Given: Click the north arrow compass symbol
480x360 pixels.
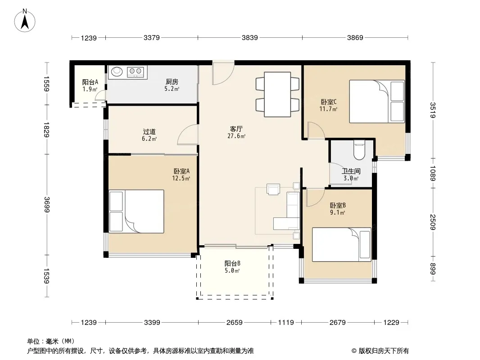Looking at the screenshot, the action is click(x=25, y=21).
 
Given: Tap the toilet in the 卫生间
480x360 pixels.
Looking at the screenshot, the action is click(x=359, y=150).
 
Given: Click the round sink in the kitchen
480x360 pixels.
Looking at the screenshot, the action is click(x=117, y=72).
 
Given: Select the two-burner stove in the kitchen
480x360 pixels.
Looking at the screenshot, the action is click(x=135, y=72).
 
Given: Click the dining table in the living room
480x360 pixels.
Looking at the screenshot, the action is click(x=277, y=94).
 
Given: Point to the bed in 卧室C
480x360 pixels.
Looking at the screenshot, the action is click(x=377, y=102).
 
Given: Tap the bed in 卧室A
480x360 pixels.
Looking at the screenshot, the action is click(x=136, y=211).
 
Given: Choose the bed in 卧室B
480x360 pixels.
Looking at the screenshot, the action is click(x=342, y=244).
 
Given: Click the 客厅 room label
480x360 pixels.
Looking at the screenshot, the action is click(x=236, y=129).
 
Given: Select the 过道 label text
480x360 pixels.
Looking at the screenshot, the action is click(x=149, y=131).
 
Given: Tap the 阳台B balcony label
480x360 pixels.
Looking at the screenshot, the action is click(x=232, y=263).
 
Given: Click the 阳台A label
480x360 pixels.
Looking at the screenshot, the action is click(x=90, y=82).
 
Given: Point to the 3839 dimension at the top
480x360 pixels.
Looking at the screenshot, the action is click(x=250, y=38).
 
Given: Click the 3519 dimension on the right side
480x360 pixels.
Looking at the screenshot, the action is click(x=433, y=110).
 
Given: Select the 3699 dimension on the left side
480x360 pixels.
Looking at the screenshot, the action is click(x=46, y=204).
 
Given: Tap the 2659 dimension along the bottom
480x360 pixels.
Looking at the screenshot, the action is click(x=235, y=322).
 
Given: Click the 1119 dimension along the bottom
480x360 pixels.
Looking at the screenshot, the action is click(x=286, y=322).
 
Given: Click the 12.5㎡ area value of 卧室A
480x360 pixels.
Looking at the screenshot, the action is click(x=181, y=178).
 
